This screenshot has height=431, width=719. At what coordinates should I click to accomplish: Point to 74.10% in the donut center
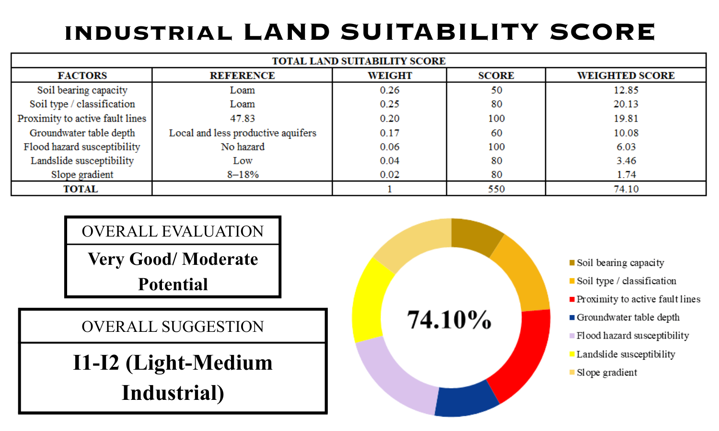(449, 319)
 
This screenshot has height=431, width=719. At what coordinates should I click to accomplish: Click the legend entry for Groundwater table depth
(628, 318)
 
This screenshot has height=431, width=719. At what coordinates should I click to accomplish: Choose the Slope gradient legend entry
(607, 373)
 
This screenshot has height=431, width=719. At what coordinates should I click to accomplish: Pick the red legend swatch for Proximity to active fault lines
(572, 299)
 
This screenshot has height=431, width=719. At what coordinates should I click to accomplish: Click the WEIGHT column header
(390, 76)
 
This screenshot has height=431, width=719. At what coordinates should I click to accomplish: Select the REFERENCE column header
(242, 76)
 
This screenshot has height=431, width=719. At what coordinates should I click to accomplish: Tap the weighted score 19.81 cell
(626, 118)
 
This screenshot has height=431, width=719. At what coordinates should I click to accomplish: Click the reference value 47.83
(243, 118)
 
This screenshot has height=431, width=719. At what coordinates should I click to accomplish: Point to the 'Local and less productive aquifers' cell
(243, 133)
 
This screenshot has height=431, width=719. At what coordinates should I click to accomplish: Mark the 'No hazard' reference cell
(243, 147)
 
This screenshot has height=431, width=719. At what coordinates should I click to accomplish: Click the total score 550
(496, 189)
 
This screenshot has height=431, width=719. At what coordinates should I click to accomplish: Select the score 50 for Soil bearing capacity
(496, 90)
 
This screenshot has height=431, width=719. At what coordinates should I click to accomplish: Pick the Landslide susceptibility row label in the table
(82, 161)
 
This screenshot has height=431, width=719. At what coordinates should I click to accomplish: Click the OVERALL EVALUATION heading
(173, 231)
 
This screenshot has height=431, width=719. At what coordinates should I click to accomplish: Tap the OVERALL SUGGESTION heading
(173, 327)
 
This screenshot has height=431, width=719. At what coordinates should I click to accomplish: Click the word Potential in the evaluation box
(173, 284)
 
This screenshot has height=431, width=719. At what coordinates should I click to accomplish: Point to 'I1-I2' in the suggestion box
(96, 363)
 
